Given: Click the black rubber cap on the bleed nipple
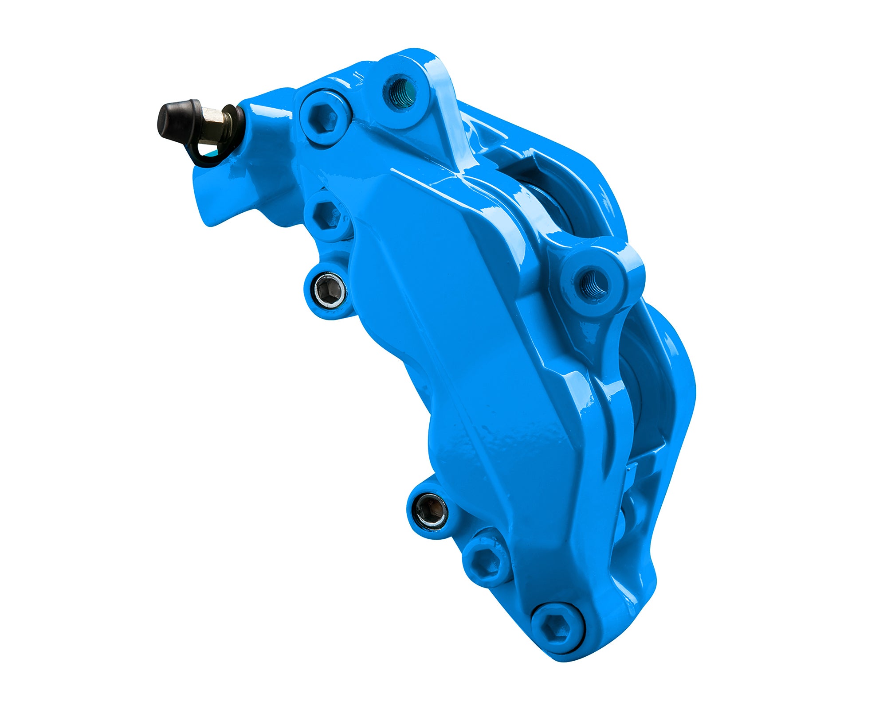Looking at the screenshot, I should coord(176,121).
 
